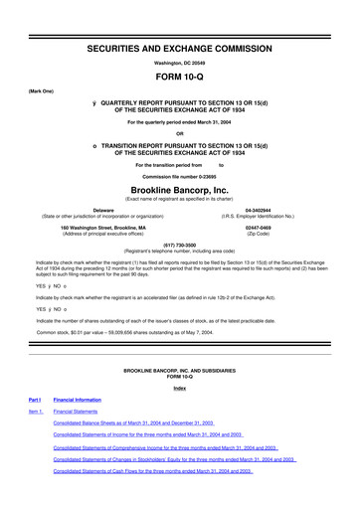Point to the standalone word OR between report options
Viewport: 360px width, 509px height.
[180, 134]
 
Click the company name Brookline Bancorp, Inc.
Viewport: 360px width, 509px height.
[180, 188]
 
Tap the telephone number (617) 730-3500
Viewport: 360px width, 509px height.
[180, 244]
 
